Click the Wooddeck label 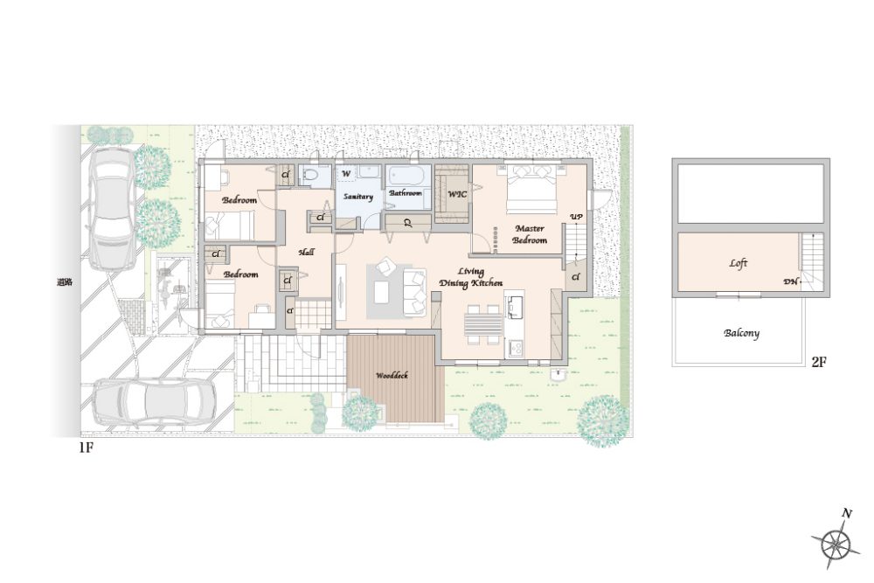click(x=392, y=376)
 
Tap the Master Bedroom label click(x=530, y=234)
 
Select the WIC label click(x=457, y=195)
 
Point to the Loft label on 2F click(x=738, y=263)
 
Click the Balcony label click(x=741, y=333)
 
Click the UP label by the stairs click(x=576, y=216)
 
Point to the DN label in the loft click(x=790, y=282)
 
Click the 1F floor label click(x=86, y=448)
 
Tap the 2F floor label click(x=818, y=362)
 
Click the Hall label click(x=306, y=252)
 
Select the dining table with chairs click(x=483, y=325)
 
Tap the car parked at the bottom click(x=154, y=399)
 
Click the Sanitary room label click(x=357, y=197)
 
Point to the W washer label click(x=346, y=173)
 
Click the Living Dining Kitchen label click(x=470, y=277)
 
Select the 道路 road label click(x=65, y=281)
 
